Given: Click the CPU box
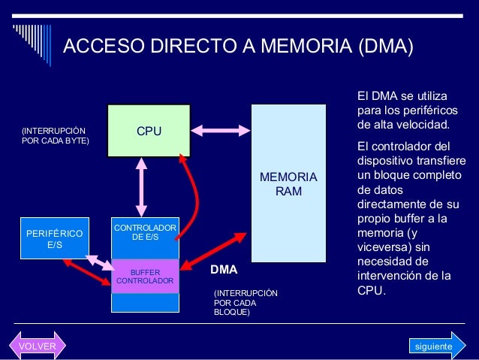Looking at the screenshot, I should pos(148,131).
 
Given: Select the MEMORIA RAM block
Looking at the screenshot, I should pos(288,183).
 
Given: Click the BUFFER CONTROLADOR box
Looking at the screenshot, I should pos(145,277).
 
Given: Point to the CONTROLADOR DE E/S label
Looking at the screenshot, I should pos(145,232).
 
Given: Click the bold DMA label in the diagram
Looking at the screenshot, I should pos(223,268).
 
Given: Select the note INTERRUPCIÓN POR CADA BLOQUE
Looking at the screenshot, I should pos(246,302).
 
